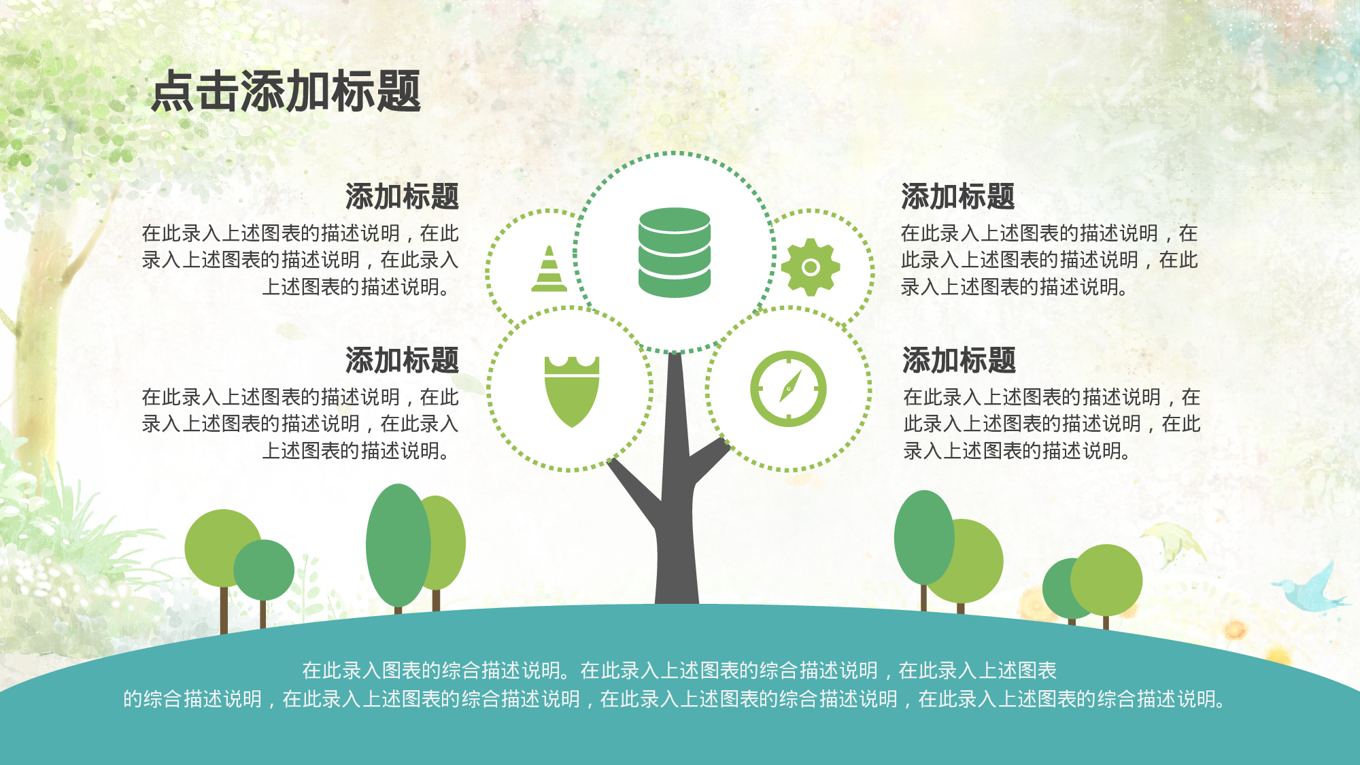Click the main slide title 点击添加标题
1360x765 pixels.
pos(286,91)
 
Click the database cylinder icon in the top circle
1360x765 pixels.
pos(675,253)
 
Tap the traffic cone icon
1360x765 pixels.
pos(549,269)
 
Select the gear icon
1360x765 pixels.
pos(810,267)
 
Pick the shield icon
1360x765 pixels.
pos(571,392)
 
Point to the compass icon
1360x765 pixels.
pos(788,389)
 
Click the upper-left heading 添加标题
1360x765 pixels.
pos(401,197)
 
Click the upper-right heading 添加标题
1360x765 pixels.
pos(957,197)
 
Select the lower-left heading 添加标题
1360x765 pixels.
pos(401,360)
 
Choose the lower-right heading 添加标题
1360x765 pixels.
pos(959,360)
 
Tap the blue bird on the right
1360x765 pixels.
pos(1309,589)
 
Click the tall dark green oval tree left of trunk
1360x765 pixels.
pos(397,544)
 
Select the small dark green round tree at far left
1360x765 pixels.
pos(264,570)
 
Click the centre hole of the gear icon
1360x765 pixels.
pos(810,267)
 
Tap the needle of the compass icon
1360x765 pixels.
pos(789,388)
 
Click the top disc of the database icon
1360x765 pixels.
pos(675,220)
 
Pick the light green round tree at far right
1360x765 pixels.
pos(1107,579)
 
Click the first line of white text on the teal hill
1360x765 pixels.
pos(679,670)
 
